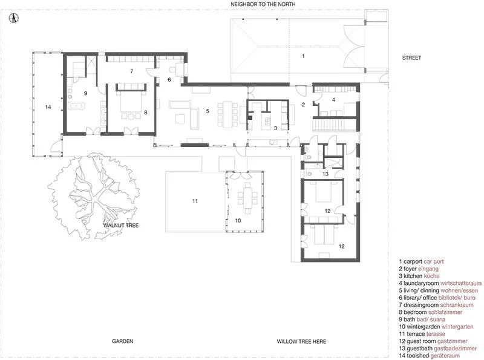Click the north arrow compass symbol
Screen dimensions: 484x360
[13, 18]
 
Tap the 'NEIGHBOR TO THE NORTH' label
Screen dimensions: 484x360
[263, 4]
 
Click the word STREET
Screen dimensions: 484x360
[411, 57]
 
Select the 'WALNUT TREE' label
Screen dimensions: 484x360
[121, 226]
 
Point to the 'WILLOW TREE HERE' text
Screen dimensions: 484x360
[301, 341]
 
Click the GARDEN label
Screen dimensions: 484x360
[123, 341]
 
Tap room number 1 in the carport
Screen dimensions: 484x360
[303, 56]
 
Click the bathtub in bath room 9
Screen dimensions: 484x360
[76, 106]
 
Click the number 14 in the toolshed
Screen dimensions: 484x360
[48, 107]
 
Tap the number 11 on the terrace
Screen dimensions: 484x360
[195, 201]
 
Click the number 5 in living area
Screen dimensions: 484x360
[208, 111]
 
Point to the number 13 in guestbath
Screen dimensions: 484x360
[325, 174]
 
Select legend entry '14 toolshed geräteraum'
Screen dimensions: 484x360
[429, 356]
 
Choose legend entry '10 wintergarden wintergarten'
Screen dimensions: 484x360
[436, 327]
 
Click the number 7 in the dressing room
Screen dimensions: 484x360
[131, 71]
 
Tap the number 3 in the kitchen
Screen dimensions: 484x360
[275, 128]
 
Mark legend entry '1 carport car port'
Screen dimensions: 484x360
[421, 261]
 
